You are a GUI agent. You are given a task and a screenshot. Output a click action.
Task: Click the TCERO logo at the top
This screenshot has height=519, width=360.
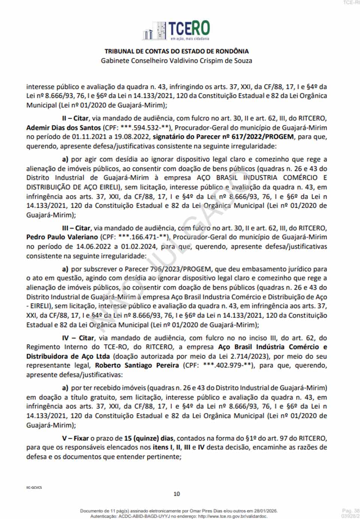pyautogui.click(x=176, y=30)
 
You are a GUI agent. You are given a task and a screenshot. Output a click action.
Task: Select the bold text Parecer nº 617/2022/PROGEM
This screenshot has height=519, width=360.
pyautogui.click(x=223, y=137)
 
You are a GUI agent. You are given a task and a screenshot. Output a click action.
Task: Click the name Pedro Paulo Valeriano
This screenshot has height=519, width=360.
pyautogui.click(x=62, y=237)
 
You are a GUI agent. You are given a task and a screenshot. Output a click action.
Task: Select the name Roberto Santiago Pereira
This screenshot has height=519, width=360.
pyautogui.click(x=137, y=365)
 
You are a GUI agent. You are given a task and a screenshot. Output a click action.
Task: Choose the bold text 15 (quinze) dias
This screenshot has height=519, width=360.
pyautogui.click(x=149, y=438)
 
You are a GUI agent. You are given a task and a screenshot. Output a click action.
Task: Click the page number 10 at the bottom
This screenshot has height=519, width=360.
pyautogui.click(x=177, y=494)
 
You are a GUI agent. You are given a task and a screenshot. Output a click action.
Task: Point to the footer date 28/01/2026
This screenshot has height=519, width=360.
pyautogui.click(x=265, y=511)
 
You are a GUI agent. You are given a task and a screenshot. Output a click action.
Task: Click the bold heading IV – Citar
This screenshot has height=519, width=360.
pyautogui.click(x=78, y=338)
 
